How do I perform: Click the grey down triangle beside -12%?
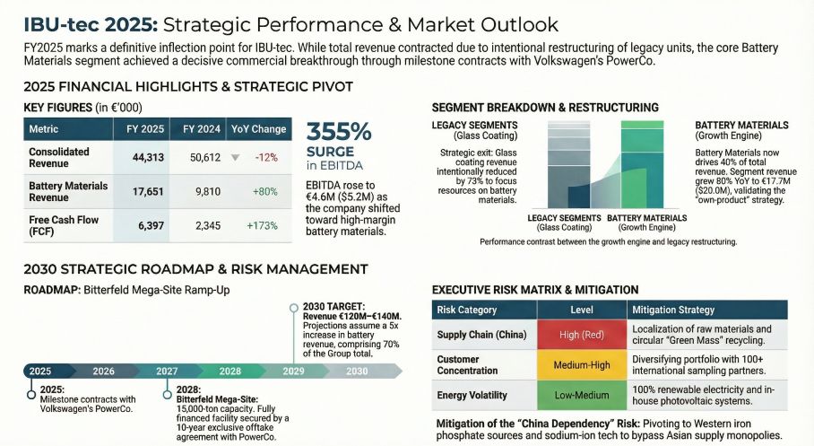coord(235,157)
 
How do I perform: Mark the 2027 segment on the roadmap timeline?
coord(168,371)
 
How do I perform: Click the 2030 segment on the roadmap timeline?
coord(357,371)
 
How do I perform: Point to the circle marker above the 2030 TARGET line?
coord(293,308)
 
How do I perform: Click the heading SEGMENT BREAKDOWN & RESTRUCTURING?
coord(545,108)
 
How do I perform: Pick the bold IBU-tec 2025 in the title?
coord(86,24)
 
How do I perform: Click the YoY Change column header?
coord(258,128)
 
